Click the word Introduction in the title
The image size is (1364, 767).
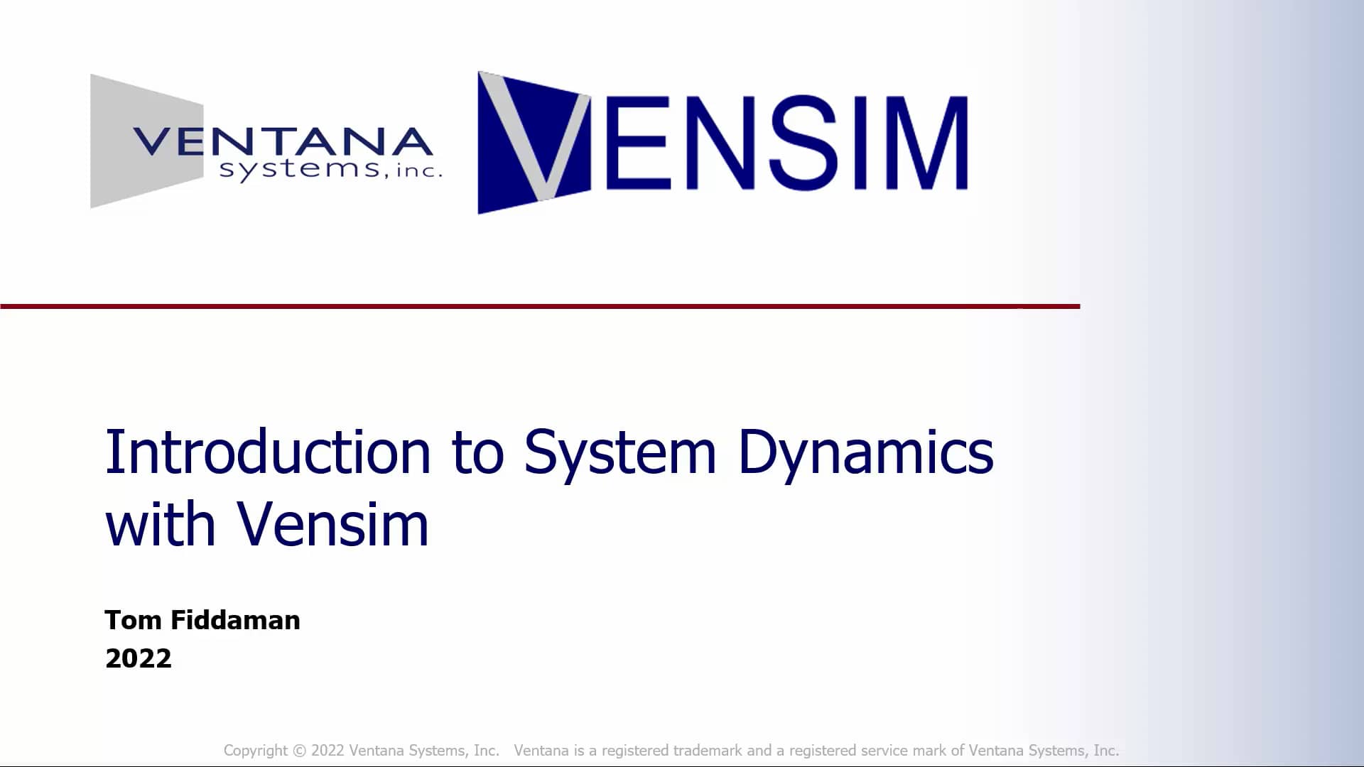[x=268, y=452]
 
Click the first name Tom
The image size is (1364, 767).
[x=133, y=620]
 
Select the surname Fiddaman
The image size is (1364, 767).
[x=235, y=620]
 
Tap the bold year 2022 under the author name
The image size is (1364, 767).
[x=138, y=658]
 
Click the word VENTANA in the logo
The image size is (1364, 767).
[x=282, y=141]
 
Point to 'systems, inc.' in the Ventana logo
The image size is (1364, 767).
[x=330, y=170]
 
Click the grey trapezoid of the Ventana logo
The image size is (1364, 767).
[x=121, y=142]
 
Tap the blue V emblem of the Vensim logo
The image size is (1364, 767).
[x=534, y=142]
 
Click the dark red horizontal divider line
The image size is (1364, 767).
[x=540, y=307]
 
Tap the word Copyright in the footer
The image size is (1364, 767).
[x=255, y=751]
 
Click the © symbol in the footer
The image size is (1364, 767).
[x=299, y=751]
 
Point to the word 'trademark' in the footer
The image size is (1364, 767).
[x=708, y=751]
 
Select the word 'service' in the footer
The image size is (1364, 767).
[x=883, y=751]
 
